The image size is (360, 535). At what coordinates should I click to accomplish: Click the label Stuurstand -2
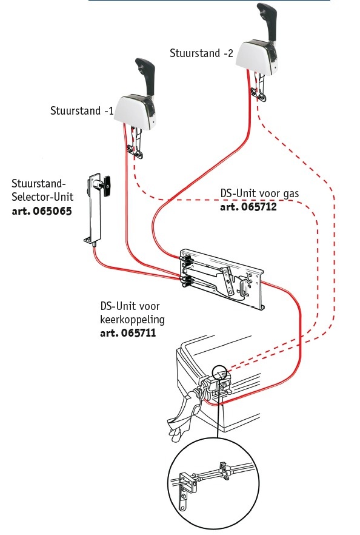202,53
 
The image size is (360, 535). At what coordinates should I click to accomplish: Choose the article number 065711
128,333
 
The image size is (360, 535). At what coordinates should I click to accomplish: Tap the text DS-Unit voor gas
259,193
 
